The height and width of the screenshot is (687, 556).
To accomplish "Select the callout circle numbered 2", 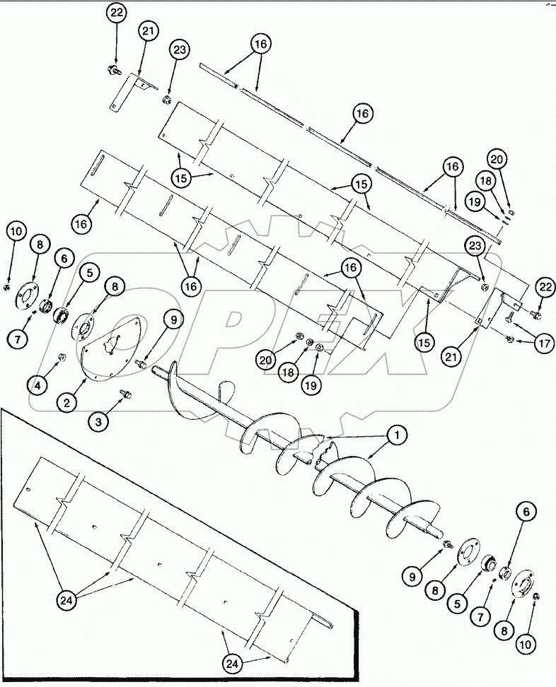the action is click(67, 403).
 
